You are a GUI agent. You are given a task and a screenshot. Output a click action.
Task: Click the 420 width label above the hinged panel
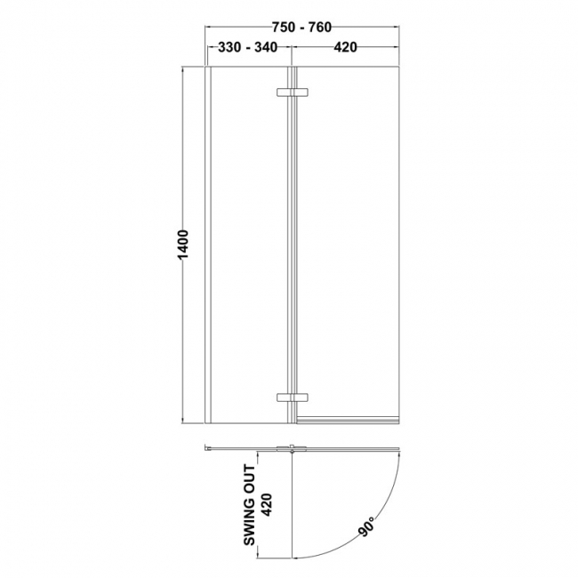pyautogui.click(x=345, y=48)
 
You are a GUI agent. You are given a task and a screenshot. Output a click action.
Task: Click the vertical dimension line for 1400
pyautogui.click(x=184, y=338)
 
